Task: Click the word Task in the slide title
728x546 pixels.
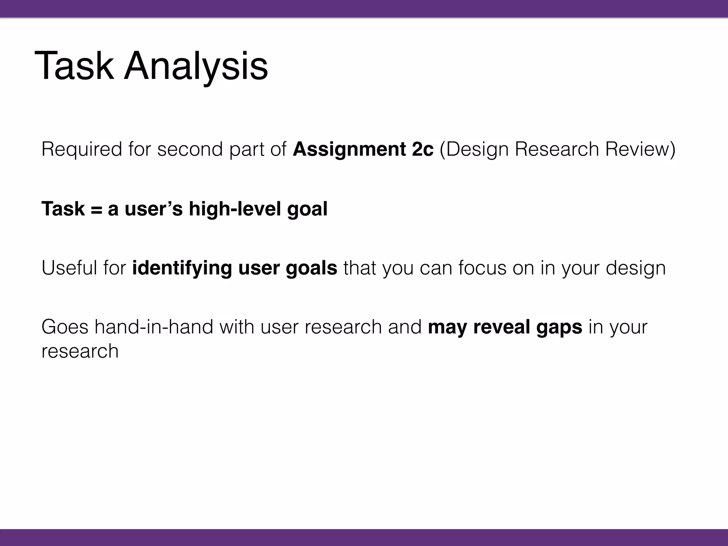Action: pos(74,66)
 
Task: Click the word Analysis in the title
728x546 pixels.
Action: pos(196,66)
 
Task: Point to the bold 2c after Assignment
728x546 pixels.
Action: pos(423,149)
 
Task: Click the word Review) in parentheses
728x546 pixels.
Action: pos(640,149)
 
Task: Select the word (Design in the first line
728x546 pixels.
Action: pos(474,149)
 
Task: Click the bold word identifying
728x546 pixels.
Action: pos(182,268)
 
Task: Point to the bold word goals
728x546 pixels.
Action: pos(311,268)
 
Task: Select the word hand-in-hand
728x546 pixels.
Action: pos(154,327)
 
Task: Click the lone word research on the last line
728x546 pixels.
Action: pos(80,351)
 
